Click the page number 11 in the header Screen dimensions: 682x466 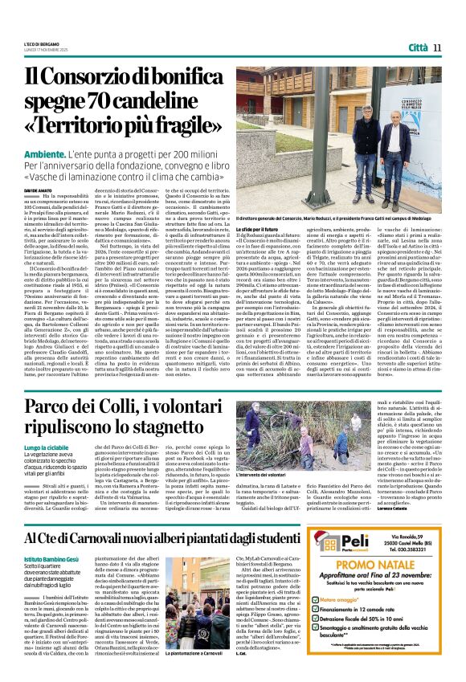438,47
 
